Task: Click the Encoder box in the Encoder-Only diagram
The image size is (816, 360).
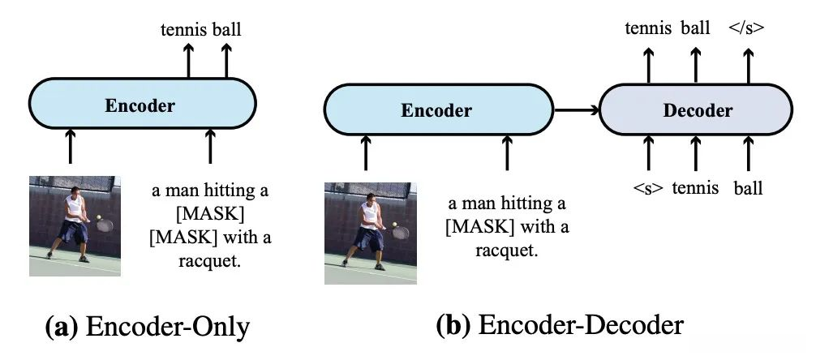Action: point(143,105)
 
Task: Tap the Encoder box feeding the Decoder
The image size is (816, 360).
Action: point(436,111)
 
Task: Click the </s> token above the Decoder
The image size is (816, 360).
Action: point(746,28)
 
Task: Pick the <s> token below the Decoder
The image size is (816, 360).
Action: point(648,188)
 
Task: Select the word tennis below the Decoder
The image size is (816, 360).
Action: point(695,188)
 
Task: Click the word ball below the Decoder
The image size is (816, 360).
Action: point(748,188)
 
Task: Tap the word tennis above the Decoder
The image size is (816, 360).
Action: point(648,28)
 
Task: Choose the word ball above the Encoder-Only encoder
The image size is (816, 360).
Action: point(226,31)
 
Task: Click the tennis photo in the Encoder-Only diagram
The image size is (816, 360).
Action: point(75,225)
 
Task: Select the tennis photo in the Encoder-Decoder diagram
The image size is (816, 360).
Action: point(370,233)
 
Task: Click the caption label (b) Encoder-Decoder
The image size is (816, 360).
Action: point(560,324)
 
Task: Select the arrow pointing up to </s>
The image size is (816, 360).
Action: point(747,65)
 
